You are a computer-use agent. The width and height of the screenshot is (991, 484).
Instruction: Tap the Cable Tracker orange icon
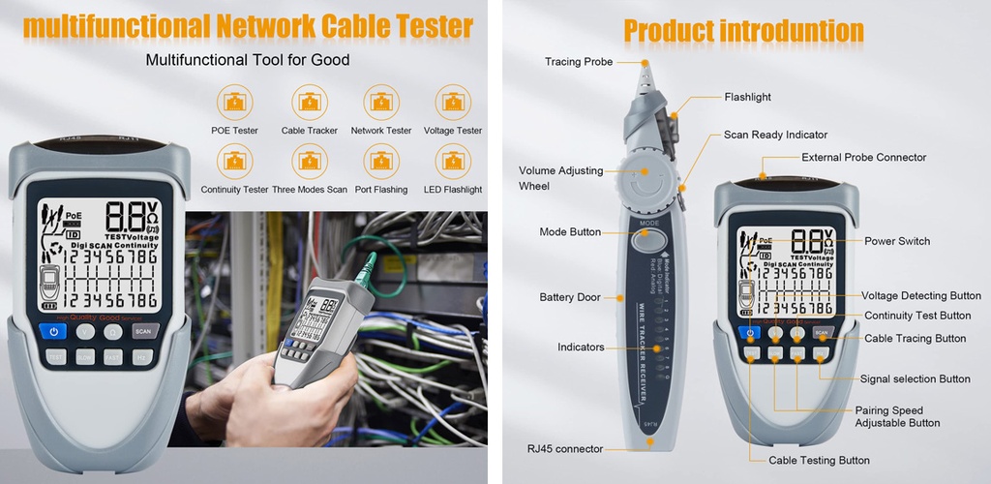coord(308,101)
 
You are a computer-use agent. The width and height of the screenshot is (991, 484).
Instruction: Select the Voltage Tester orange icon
coord(453,101)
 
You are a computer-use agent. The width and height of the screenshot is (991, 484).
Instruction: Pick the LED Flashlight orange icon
coord(453,160)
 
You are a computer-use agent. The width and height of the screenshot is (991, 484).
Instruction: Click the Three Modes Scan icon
coord(308,160)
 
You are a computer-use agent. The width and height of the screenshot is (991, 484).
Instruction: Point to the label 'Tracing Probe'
coord(579,62)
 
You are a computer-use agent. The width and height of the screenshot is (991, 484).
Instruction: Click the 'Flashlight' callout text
coord(748,97)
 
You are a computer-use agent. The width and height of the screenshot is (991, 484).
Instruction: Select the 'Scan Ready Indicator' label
coord(776,135)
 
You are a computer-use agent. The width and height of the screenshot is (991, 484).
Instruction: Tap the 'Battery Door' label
coord(570,297)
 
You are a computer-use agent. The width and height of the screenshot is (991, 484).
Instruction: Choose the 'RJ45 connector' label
coord(565,449)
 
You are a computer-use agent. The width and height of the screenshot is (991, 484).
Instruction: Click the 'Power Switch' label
coord(897,241)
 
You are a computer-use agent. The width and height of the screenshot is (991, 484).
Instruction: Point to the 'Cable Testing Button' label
coord(820,461)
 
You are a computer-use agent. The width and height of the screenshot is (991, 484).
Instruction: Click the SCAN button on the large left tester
coord(143,331)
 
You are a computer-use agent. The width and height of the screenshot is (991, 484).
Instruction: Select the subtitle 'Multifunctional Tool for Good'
coord(248,60)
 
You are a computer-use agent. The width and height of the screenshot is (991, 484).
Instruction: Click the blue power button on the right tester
coord(751,333)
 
